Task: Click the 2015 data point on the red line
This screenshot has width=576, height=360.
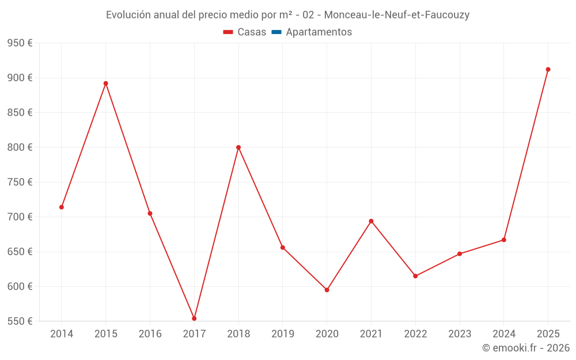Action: coord(106,84)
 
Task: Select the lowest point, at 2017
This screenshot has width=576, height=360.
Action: coord(194,319)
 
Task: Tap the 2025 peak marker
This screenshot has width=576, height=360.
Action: coord(548,70)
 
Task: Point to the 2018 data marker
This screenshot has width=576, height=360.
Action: coord(238,147)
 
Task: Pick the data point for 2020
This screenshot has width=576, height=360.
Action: coord(327,290)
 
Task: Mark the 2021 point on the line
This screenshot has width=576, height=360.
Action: coord(371,221)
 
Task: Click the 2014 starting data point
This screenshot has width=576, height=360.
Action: coord(62,207)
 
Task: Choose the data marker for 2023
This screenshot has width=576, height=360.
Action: coord(460,254)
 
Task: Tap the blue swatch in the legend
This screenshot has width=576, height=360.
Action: coord(276,32)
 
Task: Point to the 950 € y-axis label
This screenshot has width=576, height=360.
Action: coord(20,43)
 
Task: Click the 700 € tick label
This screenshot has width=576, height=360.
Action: coord(20,217)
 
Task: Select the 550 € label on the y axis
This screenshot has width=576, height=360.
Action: coord(20,321)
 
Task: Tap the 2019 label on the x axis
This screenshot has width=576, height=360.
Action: coord(283,334)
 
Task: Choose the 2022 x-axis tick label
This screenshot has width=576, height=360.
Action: coord(415,334)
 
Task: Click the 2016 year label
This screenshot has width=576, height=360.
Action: coord(150,334)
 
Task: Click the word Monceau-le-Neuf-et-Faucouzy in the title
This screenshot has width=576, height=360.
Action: coord(397,15)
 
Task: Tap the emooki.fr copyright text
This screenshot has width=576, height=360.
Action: coord(526,348)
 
